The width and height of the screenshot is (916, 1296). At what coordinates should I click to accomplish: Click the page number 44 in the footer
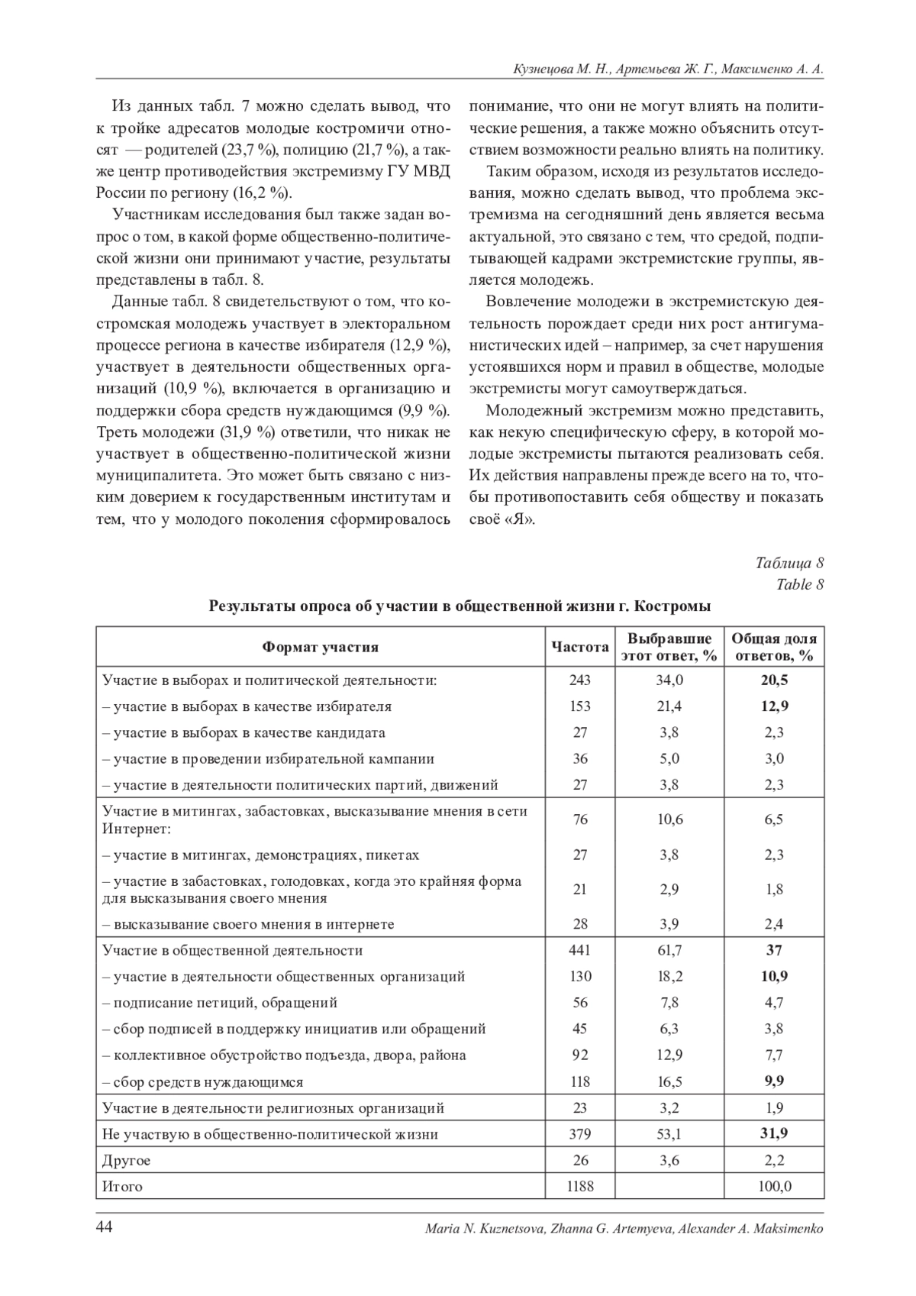(x=105, y=1227)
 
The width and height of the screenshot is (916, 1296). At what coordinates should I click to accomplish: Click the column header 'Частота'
(x=580, y=647)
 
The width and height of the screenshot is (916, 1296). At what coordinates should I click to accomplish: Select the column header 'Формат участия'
(x=321, y=647)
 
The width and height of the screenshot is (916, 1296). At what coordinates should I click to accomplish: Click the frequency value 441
(x=580, y=950)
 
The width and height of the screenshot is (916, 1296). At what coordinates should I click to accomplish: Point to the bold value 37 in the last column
(x=774, y=950)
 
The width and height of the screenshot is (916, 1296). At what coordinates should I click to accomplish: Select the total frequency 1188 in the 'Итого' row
(x=580, y=1186)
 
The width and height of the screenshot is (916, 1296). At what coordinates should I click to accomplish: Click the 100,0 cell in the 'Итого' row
(x=774, y=1186)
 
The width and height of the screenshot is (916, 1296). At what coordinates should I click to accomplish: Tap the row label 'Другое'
(x=127, y=1160)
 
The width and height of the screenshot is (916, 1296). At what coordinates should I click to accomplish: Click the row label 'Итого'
(x=123, y=1186)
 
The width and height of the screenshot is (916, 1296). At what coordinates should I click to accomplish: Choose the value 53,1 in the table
(x=669, y=1134)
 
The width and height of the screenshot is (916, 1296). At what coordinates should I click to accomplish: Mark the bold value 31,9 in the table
(x=774, y=1134)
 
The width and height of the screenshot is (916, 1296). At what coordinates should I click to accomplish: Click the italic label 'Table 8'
(x=800, y=584)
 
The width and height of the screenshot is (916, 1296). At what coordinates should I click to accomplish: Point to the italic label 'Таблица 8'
(x=789, y=564)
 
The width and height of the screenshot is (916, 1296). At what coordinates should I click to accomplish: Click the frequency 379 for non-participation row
(x=580, y=1134)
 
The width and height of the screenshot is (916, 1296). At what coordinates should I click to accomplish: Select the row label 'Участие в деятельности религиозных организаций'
(x=273, y=1107)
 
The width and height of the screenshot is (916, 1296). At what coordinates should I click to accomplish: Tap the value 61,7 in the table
(x=669, y=950)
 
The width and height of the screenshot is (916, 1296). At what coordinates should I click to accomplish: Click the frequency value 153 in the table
(x=580, y=706)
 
